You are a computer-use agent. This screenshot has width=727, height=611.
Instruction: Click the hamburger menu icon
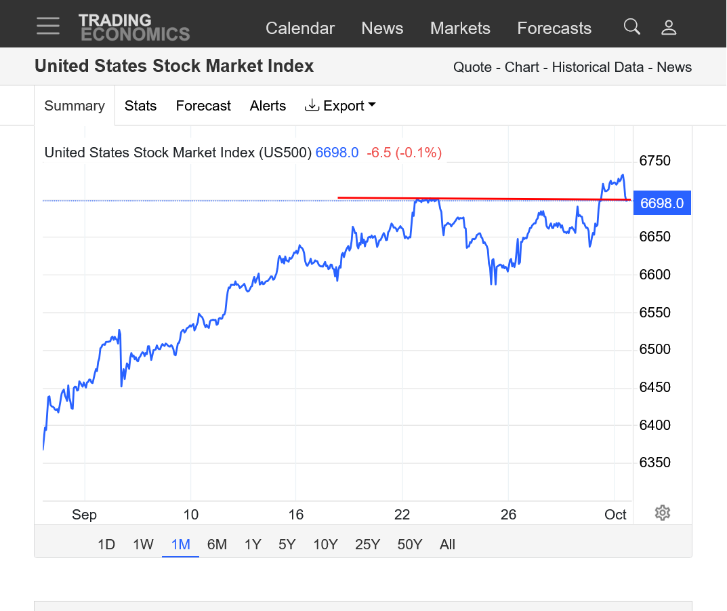[48, 26]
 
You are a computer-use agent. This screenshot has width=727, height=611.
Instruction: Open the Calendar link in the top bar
[299, 28]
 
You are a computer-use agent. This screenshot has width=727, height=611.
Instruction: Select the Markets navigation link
[460, 28]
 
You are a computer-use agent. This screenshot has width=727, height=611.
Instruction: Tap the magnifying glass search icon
[631, 27]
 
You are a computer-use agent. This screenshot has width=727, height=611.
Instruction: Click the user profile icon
[669, 28]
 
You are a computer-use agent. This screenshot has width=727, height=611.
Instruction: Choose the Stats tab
[140, 106]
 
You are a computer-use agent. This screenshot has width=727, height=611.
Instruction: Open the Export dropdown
[340, 106]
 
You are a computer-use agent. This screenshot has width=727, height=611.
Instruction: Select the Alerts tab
[268, 106]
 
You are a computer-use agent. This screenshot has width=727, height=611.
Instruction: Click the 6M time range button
[217, 545]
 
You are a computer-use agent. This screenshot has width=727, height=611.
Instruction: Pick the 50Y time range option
[409, 545]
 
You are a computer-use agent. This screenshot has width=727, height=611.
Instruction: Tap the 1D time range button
[106, 545]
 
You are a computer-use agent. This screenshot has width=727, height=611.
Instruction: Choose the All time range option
[447, 545]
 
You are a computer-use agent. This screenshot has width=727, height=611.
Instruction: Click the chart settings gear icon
[663, 513]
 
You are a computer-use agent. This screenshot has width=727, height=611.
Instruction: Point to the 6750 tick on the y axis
[655, 161]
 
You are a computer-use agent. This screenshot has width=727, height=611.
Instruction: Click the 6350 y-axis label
[655, 462]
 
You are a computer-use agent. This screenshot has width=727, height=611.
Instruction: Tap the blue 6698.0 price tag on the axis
[661, 203]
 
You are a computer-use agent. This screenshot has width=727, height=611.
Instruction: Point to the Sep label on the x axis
[84, 515]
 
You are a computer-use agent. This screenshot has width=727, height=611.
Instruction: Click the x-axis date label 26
[508, 515]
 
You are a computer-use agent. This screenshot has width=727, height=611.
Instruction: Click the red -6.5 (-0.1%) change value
[404, 153]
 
